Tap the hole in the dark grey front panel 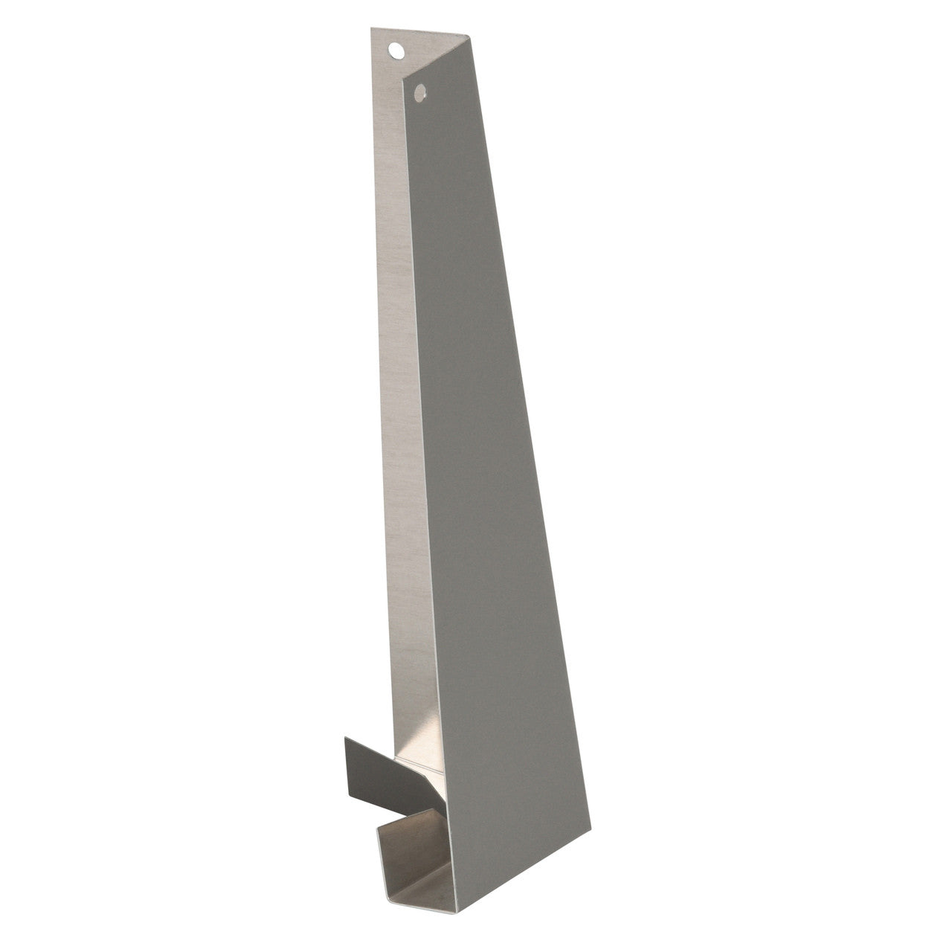[x=420, y=93]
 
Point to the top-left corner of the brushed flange [x=371, y=28]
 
